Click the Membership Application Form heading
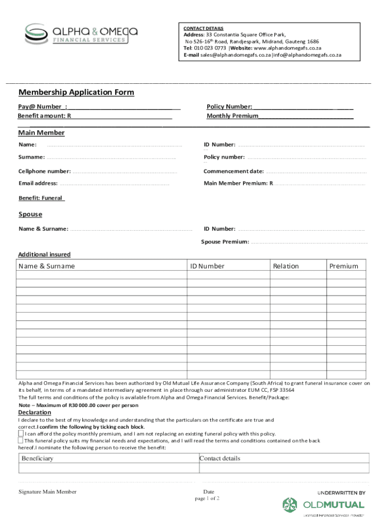coord(76,92)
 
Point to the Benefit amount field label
coord(44,116)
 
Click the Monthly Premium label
coord(232,116)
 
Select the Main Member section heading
coord(41,133)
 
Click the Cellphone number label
coord(44,172)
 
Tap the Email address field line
coord(114,184)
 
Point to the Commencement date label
coord(233,172)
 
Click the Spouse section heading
coord(30,215)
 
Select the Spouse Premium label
coord(225,242)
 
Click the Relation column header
coord(286,266)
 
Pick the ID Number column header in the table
coord(207,266)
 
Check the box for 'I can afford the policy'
coord(21,433)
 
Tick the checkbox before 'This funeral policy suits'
coord(21,440)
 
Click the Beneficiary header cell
coord(37,458)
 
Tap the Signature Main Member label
coord(47,492)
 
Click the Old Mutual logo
coord(323,504)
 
